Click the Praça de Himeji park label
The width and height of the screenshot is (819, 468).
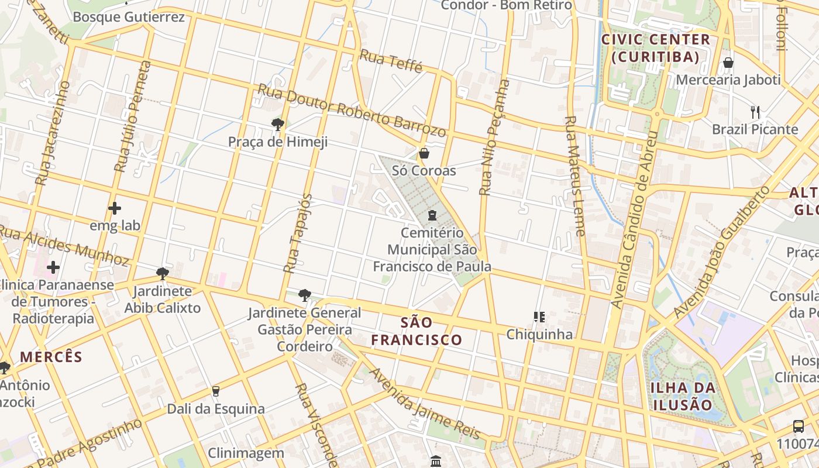[x=277, y=142]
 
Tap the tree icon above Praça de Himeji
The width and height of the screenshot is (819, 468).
[x=278, y=124]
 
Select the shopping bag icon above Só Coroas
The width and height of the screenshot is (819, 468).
[x=424, y=153]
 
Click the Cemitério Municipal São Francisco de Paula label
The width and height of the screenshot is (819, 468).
[x=432, y=250]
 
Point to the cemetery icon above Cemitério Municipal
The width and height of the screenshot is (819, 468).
[x=432, y=215]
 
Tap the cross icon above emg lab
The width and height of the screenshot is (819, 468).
[x=115, y=208]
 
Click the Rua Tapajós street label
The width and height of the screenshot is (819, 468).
[x=298, y=233]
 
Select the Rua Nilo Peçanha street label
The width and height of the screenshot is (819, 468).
[x=494, y=137]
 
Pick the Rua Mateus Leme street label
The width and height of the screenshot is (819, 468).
[x=574, y=175]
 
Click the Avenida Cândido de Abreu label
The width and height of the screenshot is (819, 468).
[x=634, y=219]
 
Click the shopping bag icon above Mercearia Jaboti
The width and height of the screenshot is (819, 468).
[x=728, y=63]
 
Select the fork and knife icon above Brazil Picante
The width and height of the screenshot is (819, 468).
[x=755, y=112]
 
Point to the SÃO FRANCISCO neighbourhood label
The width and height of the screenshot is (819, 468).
[x=417, y=331]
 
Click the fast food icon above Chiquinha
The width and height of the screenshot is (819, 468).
[x=539, y=317]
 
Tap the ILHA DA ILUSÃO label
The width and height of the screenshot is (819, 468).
[x=683, y=396]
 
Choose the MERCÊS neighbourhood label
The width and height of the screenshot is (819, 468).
[x=51, y=357]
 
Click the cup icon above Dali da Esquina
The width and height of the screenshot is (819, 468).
[x=216, y=391]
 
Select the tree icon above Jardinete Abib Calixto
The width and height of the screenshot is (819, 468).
[x=163, y=273]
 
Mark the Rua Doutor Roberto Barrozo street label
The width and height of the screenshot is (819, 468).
[x=352, y=111]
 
